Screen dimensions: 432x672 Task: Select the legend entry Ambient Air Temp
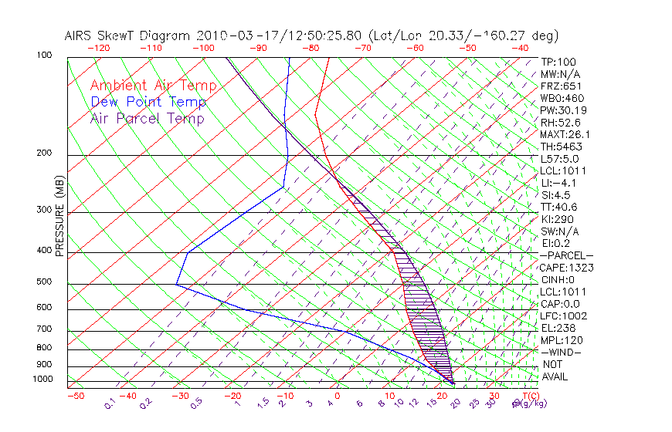153,86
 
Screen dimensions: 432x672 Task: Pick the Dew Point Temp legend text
148,102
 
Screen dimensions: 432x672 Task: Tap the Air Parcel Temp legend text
147,118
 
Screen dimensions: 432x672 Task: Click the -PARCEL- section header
566,255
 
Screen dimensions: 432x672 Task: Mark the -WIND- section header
561,352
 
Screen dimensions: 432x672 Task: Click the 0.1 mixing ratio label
110,403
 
